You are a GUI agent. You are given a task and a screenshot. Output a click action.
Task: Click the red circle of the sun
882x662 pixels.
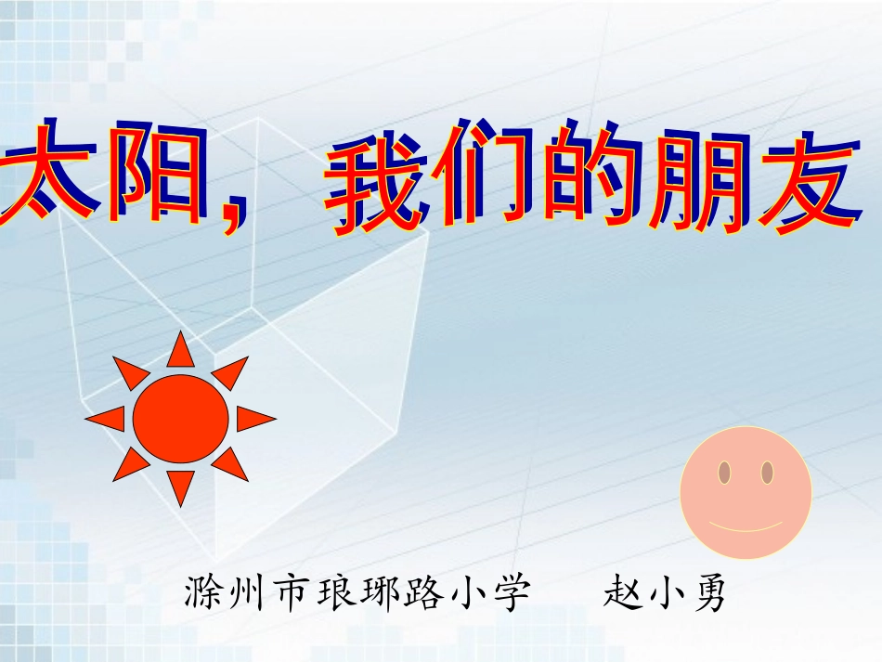coord(180,418)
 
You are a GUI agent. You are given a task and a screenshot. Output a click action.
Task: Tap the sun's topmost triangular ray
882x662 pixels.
coord(180,351)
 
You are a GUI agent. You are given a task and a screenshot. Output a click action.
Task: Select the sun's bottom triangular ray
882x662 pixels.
coord(181,485)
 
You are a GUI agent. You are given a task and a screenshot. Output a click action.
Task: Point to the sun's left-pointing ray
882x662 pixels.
coord(108,419)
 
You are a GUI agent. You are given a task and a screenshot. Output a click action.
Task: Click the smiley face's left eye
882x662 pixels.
coord(724,473)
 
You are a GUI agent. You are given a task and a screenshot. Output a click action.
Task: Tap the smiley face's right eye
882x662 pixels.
coord(768,473)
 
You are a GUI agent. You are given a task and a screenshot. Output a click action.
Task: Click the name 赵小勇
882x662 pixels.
coord(664,592)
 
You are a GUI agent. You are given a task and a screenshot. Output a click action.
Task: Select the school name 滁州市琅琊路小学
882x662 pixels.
coord(357,592)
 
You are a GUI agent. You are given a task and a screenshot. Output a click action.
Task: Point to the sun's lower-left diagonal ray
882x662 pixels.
coord(130,463)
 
